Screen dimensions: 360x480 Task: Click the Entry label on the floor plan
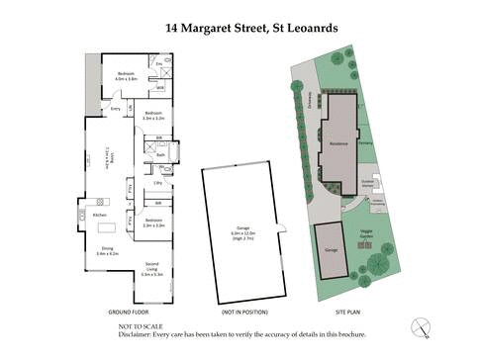pyautogui.click(x=116, y=109)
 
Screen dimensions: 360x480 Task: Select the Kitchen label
pyautogui.click(x=100, y=215)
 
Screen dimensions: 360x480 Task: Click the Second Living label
pyautogui.click(x=151, y=266)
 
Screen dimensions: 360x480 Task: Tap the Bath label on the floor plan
pyautogui.click(x=160, y=155)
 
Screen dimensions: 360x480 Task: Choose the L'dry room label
pyautogui.click(x=157, y=183)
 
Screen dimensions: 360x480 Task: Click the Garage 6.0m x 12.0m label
pyautogui.click(x=241, y=232)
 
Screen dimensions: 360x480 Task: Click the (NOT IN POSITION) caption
pyautogui.click(x=240, y=312)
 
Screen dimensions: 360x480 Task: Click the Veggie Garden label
pyautogui.click(x=366, y=234)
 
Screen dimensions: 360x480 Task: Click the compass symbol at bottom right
pyautogui.click(x=423, y=325)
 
